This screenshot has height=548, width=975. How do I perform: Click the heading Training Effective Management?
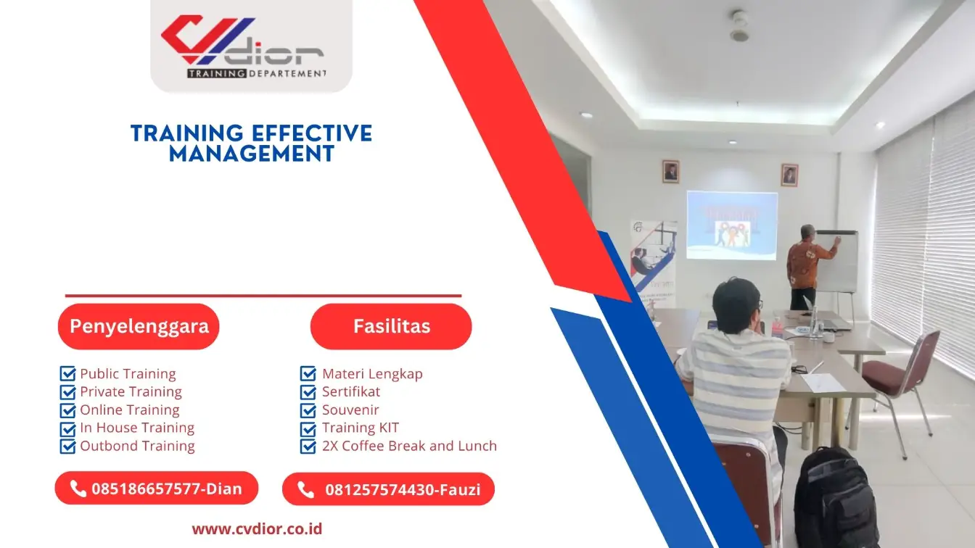(x=251, y=143)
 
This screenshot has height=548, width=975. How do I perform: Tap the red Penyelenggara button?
(x=139, y=326)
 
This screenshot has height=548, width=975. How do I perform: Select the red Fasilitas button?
(x=391, y=326)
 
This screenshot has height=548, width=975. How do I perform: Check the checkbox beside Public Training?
(x=67, y=374)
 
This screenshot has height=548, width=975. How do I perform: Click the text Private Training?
(x=131, y=392)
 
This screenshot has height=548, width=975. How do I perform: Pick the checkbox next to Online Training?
(x=67, y=410)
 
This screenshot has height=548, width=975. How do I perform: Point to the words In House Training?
(x=137, y=428)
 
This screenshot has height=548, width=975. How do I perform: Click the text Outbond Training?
(x=137, y=446)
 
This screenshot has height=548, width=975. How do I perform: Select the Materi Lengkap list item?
(x=372, y=374)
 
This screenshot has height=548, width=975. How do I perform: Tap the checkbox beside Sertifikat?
(x=308, y=392)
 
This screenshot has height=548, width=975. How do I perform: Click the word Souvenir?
(x=350, y=410)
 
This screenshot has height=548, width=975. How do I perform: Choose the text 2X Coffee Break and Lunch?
(x=409, y=446)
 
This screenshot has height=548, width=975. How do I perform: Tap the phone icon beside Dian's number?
(x=78, y=489)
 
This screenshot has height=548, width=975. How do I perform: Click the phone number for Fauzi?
(x=402, y=490)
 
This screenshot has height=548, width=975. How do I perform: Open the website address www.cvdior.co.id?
(x=257, y=529)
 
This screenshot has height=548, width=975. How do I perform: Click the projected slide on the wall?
(x=731, y=225)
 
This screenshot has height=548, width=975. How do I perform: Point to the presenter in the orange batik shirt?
(x=805, y=265)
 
